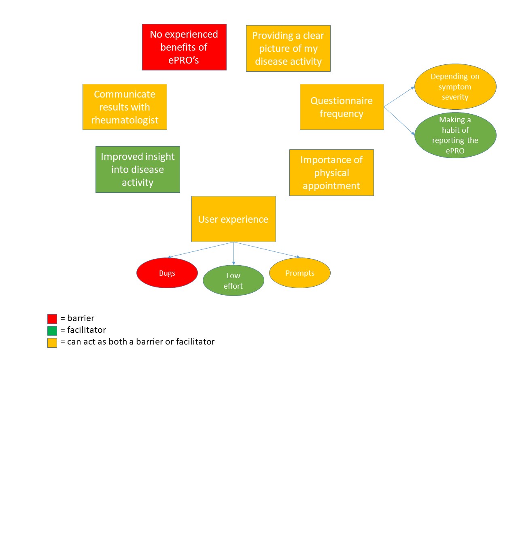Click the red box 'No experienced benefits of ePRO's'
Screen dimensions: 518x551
184,47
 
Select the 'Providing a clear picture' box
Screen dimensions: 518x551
288,48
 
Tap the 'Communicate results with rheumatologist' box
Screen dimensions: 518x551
125,107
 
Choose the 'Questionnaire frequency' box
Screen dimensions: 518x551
342,107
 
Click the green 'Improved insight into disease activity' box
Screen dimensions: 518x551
138,169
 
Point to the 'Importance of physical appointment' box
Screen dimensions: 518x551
331,172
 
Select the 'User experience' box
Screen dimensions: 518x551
234,219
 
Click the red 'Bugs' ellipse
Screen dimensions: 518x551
167,273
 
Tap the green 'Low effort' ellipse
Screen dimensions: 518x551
234,280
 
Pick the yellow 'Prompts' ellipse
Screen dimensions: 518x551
299,273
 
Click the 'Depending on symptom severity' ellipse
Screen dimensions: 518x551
455,87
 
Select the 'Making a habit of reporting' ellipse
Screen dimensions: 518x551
455,135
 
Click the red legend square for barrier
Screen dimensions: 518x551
52,319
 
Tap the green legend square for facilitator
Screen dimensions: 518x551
52,331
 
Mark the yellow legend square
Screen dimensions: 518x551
52,343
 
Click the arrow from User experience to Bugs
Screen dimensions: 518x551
200,250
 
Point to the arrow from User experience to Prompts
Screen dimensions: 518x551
267,250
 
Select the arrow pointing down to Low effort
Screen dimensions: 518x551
234,253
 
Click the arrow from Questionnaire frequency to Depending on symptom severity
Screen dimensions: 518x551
399,96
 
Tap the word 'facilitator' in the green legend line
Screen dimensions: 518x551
87,330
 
